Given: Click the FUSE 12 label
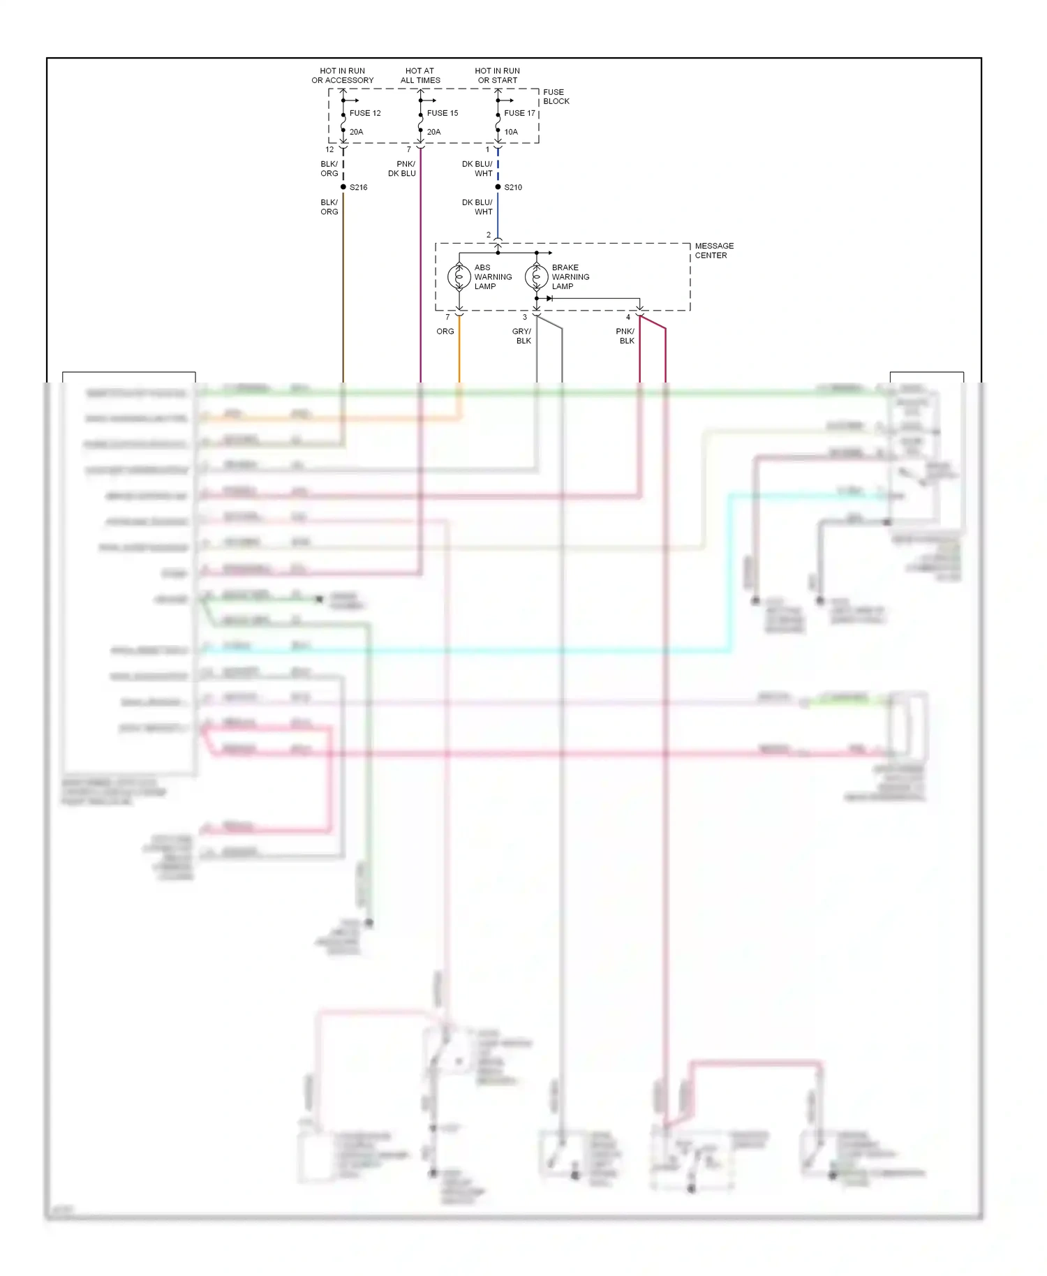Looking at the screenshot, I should (365, 113).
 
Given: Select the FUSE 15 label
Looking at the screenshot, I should (443, 113).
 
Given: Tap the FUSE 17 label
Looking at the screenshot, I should (519, 113).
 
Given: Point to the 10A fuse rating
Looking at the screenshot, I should (511, 132).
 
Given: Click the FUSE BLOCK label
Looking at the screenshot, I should (556, 96).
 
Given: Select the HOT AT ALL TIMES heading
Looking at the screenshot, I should (420, 75).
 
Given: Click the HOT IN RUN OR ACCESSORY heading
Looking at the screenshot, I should (342, 75).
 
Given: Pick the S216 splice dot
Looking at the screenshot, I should (343, 187).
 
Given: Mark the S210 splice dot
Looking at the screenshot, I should (498, 187).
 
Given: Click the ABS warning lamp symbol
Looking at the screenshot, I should (459, 277).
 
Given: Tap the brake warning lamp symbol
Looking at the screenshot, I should (536, 277).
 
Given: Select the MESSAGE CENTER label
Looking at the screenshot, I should (713, 251).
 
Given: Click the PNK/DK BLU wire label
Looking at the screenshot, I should (402, 169).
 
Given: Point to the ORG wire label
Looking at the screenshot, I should (445, 332).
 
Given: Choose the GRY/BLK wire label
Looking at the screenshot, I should (522, 336).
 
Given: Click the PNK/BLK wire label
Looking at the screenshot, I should (625, 336).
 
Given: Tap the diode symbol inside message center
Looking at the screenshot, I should (549, 299).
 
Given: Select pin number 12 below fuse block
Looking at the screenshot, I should (329, 149).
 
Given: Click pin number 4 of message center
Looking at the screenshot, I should (628, 318).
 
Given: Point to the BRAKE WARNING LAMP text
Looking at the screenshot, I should (570, 277).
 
